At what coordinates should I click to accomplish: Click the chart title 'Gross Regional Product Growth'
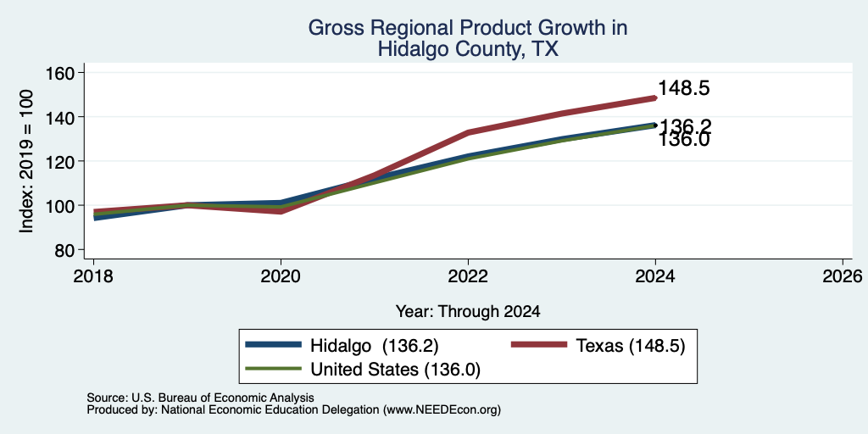coord(467,27)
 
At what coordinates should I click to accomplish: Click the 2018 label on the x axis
coord(93,275)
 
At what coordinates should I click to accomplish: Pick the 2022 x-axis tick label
coord(468,275)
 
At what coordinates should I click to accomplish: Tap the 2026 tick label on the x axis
coord(843,275)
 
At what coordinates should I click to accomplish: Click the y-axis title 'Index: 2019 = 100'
coord(26,161)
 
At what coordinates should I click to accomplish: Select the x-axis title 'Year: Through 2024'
coord(468,312)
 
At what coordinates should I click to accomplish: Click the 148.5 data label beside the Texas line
coord(684,88)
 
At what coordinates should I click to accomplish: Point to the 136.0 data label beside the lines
coord(684,140)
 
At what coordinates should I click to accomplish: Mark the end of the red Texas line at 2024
coord(655,98)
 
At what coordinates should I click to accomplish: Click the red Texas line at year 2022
coord(468,132)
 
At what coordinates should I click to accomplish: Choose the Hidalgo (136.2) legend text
coord(374,346)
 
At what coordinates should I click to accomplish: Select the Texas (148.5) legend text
coord(631,346)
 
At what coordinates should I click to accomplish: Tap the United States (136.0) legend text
coord(395,370)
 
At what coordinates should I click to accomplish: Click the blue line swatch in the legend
coord(274,345)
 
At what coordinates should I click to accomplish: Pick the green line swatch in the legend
coord(274,370)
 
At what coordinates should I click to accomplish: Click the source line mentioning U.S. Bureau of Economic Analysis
coord(200,398)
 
